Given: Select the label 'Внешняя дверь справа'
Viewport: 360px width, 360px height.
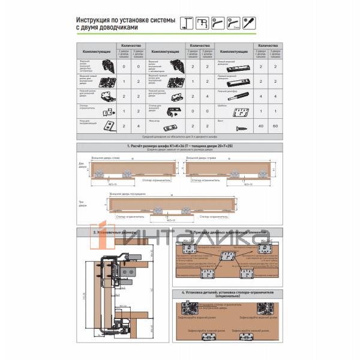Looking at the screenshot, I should click(200, 159).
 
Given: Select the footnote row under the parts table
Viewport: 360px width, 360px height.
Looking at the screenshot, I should click(180, 137).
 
